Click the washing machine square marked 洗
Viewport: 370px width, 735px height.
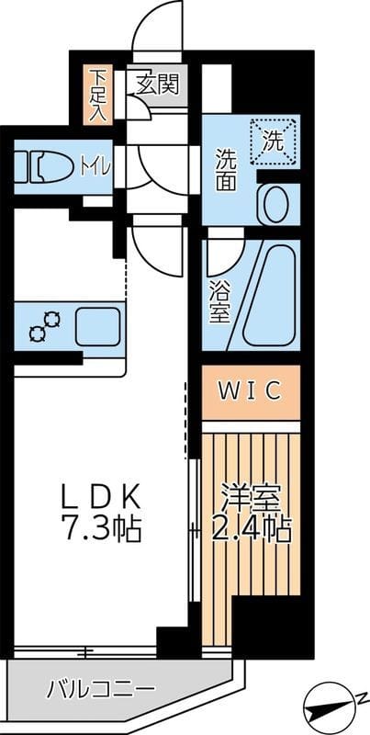(275, 142)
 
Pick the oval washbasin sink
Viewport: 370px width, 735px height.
(275, 204)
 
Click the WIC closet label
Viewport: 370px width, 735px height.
(250, 391)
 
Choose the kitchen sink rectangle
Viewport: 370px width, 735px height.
(98, 326)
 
